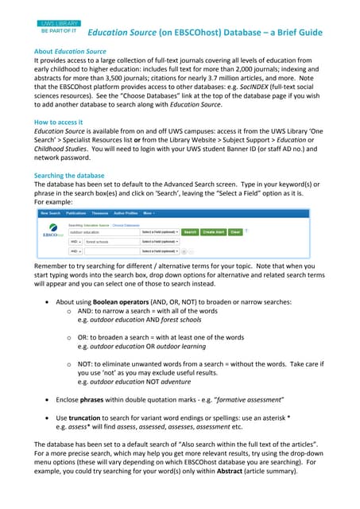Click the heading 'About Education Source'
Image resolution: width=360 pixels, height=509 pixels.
point(64,50)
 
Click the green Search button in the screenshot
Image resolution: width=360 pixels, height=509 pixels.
point(190,231)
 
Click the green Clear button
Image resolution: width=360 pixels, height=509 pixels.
point(235,231)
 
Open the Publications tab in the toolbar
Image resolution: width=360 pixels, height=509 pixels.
point(76,214)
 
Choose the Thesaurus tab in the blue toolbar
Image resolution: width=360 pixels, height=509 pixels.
point(100,214)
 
